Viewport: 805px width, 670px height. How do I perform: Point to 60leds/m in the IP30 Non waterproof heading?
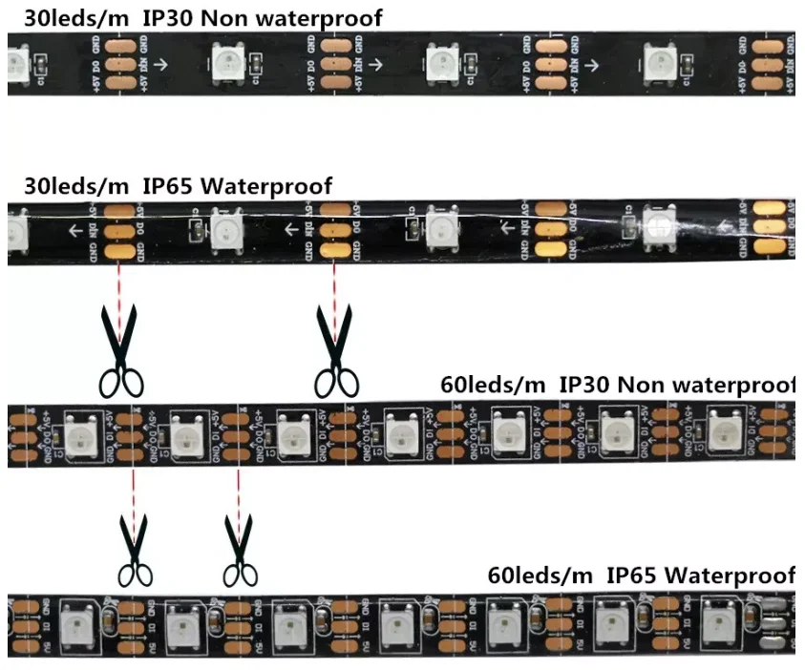coord(493,385)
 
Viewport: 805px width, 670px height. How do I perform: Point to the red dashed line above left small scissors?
coord(133,491)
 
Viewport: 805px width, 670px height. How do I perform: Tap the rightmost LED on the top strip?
coord(661,63)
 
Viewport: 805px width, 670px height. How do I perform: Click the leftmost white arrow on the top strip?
coord(160,65)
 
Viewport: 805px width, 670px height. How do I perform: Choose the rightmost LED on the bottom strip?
coord(716,623)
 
